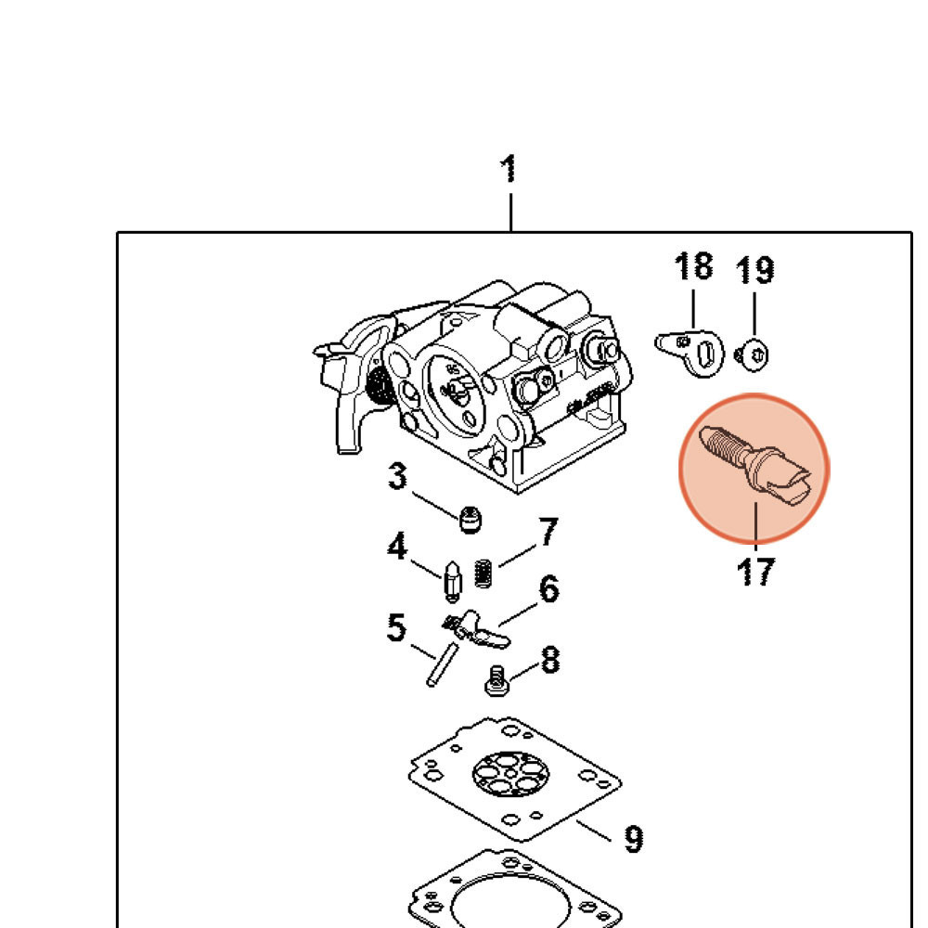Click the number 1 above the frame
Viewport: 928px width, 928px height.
(508, 171)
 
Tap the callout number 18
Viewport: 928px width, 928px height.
(693, 266)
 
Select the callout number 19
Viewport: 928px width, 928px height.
(754, 271)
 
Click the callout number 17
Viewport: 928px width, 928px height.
(755, 571)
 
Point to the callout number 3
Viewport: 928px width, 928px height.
(397, 478)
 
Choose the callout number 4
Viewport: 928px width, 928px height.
(397, 548)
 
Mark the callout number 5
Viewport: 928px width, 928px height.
(396, 629)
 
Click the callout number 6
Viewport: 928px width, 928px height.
(549, 589)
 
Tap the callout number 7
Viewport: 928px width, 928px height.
(548, 533)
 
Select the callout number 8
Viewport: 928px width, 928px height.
(549, 661)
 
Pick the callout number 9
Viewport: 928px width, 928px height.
(633, 840)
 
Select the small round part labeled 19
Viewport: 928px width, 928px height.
(753, 354)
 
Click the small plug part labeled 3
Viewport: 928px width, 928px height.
(471, 521)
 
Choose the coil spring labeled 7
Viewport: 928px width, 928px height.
(483, 573)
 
